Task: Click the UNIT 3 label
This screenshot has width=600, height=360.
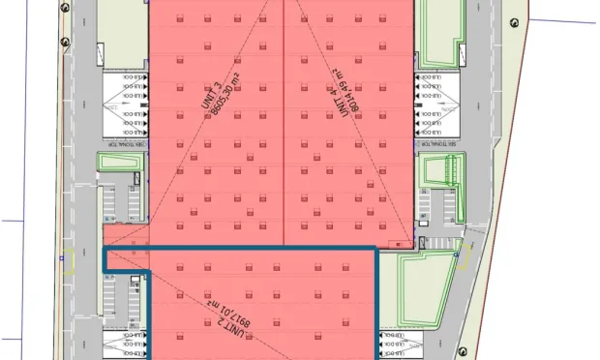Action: tap(205, 93)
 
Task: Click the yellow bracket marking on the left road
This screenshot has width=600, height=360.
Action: tap(69, 265)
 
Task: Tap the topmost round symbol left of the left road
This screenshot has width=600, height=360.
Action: tap(65, 14)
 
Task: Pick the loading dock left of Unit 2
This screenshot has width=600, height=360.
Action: tap(126, 345)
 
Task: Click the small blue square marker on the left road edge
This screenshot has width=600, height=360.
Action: tap(61, 258)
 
